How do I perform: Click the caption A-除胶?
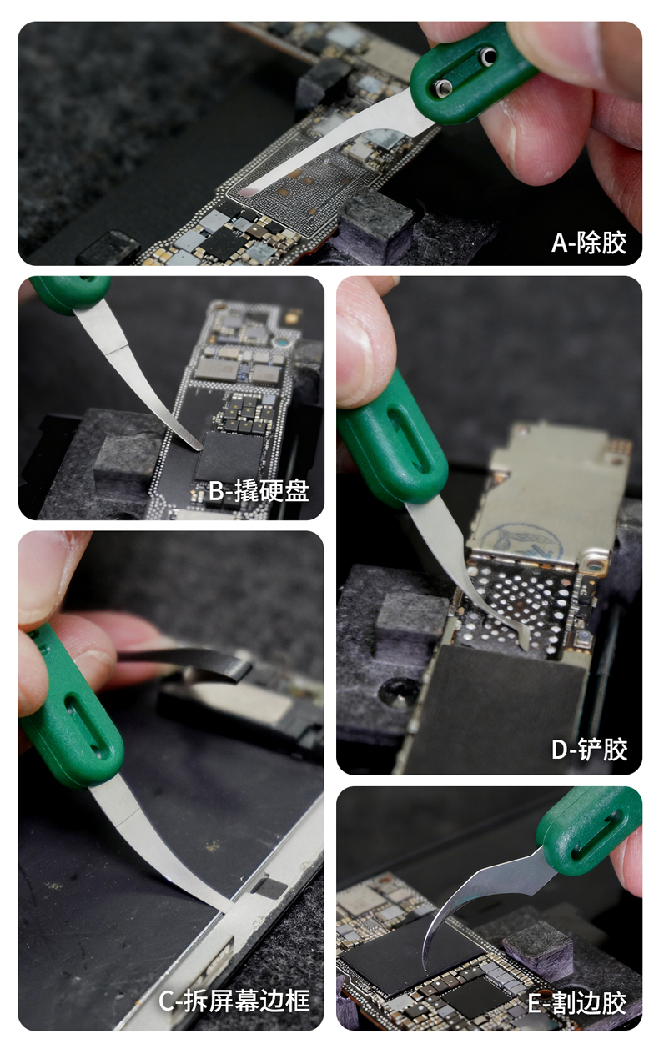coord(589,243)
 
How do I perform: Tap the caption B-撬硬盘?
coord(259,491)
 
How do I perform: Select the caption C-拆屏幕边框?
coord(234,1001)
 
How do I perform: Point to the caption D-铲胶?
coord(589,749)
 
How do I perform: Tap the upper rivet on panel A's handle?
coord(488,56)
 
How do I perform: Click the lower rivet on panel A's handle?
coord(443,87)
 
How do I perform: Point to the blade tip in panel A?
coord(244,192)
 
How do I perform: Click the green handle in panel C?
coord(71,705)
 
